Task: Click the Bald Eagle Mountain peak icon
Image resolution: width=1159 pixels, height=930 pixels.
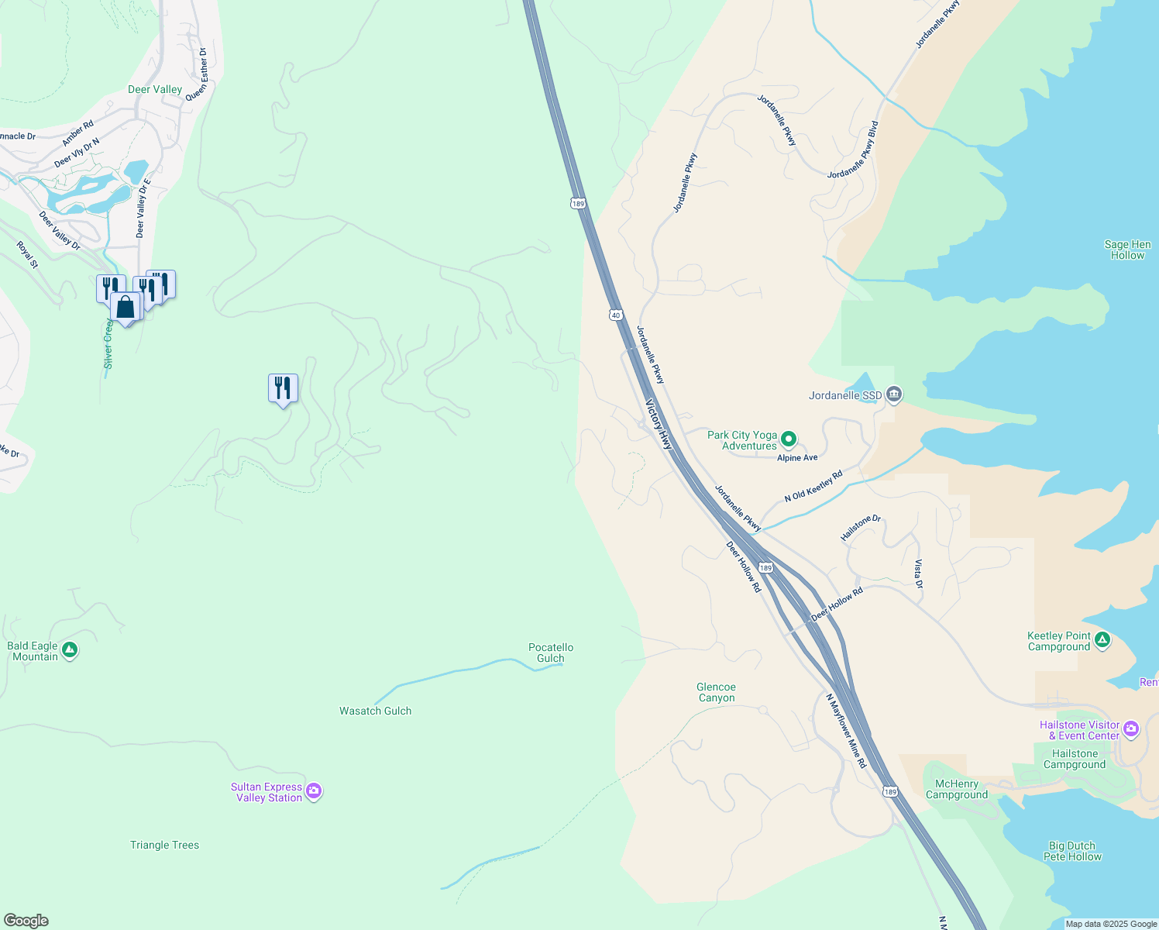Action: [70, 651]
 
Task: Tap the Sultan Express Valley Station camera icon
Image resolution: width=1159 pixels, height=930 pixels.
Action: [314, 791]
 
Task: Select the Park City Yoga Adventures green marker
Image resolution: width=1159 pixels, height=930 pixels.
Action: [789, 440]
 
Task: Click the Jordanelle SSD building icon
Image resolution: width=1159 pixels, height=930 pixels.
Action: [894, 395]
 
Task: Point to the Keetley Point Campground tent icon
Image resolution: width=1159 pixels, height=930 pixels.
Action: [1102, 640]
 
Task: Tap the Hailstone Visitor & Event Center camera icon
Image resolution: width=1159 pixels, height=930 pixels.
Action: [1131, 728]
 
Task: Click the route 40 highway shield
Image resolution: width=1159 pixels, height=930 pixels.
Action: [615, 315]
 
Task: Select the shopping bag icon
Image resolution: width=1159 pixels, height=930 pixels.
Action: [126, 307]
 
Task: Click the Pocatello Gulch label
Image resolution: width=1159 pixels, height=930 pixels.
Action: [551, 653]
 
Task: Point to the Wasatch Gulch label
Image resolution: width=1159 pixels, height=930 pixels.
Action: [376, 711]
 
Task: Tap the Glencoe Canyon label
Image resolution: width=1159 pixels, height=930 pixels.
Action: [716, 692]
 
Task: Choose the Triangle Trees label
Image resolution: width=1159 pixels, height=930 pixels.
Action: [164, 845]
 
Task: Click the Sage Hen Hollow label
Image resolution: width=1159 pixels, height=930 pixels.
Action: [1127, 250]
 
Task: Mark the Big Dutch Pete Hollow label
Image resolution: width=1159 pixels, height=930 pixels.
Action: [1072, 851]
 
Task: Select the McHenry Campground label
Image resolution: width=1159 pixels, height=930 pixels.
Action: [957, 789]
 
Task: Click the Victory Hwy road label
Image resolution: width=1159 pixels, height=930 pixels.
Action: [659, 424]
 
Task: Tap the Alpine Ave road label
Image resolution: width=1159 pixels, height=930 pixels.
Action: [797, 458]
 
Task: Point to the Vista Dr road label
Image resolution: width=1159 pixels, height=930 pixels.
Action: [918, 574]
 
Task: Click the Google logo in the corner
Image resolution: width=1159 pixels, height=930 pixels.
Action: [26, 921]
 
